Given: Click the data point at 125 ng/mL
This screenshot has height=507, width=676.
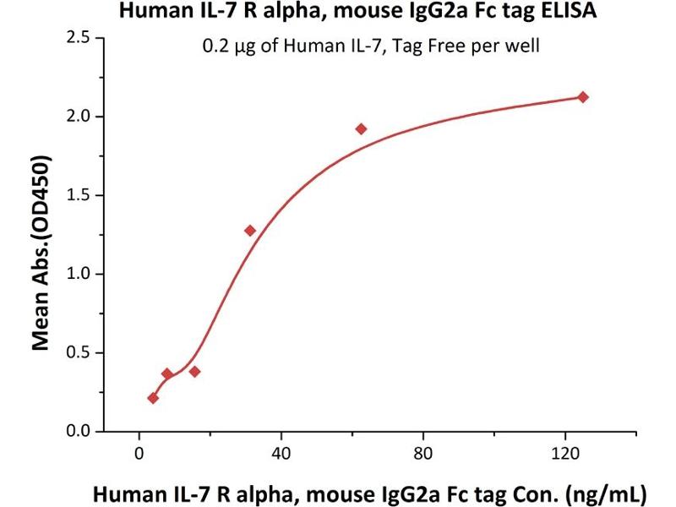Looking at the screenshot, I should coord(582,97).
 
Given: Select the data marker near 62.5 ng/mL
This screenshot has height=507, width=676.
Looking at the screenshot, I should coord(361,129).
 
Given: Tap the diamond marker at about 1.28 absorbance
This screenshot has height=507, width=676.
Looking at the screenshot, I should coord(250,230).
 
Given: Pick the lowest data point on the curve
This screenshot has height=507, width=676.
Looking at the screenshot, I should coord(153,398).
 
